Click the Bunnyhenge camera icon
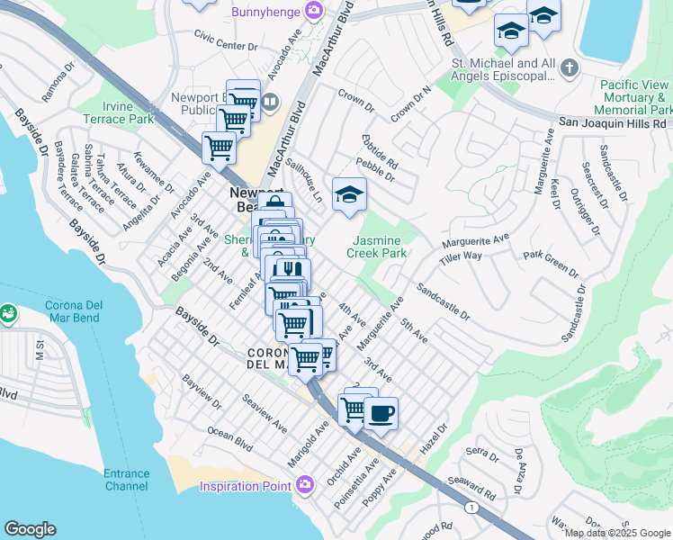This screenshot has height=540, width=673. [314, 11]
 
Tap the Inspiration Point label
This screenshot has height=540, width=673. [248, 486]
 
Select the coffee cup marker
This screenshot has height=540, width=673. [381, 413]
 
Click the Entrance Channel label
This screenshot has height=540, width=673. [126, 480]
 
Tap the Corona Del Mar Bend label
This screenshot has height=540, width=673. [60, 311]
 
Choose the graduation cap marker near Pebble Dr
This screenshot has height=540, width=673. [349, 193]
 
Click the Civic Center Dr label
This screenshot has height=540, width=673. [226, 40]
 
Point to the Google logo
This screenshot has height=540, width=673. [30, 529]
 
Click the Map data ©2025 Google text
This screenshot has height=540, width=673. [617, 533]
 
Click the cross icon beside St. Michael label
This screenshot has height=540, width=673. [569, 67]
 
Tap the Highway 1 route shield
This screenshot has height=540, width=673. [471, 508]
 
